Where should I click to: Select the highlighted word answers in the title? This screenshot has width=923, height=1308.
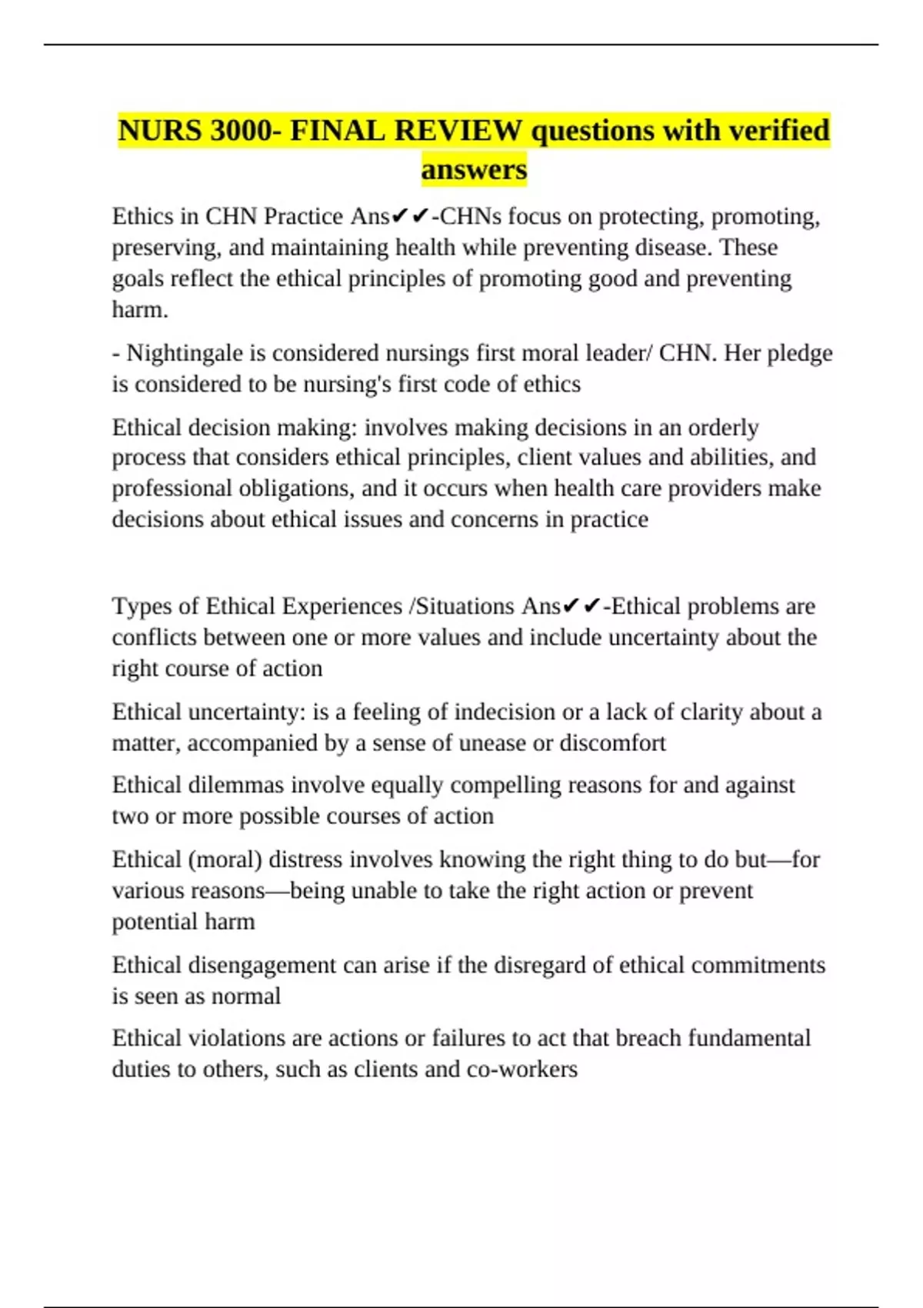(474, 169)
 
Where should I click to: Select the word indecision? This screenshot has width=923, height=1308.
(504, 712)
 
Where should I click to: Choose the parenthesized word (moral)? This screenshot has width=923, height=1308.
(225, 859)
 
